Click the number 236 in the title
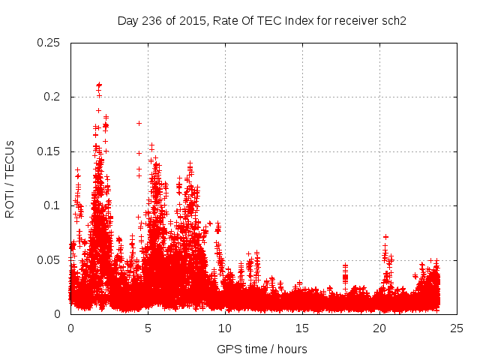150,20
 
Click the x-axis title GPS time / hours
262,349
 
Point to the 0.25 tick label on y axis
49,43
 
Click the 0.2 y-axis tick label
54,97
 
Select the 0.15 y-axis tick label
49,151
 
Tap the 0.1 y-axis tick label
54,205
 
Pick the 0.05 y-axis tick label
49,260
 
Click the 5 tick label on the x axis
148,328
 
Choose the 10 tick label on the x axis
226,328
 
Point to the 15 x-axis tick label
303,328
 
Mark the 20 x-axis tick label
381,328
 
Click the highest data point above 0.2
99,85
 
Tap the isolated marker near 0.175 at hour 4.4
139,123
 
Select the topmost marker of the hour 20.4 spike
385,237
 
